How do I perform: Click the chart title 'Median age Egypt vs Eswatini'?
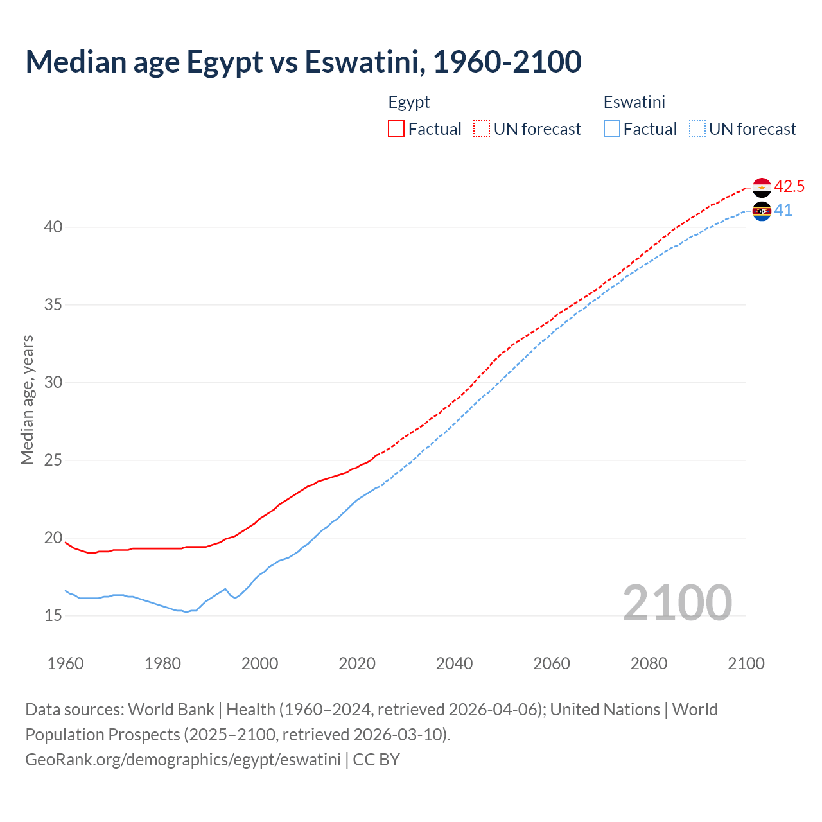pyautogui.click(x=303, y=62)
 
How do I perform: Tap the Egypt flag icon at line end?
pyautogui.click(x=762, y=187)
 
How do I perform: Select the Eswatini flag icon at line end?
pyautogui.click(x=762, y=211)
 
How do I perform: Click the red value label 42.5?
pyautogui.click(x=789, y=187)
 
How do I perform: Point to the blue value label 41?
pyautogui.click(x=783, y=211)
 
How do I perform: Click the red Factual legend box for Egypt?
pyautogui.click(x=396, y=128)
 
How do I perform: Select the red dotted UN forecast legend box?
pyautogui.click(x=482, y=128)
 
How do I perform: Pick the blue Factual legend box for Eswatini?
pyautogui.click(x=612, y=128)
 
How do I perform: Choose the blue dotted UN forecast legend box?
pyautogui.click(x=697, y=128)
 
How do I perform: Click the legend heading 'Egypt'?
pyautogui.click(x=409, y=102)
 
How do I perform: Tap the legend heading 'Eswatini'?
pyautogui.click(x=634, y=102)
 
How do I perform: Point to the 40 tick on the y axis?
pyautogui.click(x=53, y=227)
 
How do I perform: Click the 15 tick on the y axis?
pyautogui.click(x=53, y=616)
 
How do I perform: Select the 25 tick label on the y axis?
pyautogui.click(x=53, y=460)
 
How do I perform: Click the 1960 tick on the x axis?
pyautogui.click(x=66, y=663)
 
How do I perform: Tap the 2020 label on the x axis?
pyautogui.click(x=357, y=663)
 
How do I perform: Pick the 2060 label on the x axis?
pyautogui.click(x=552, y=663)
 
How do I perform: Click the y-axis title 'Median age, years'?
pyautogui.click(x=27, y=399)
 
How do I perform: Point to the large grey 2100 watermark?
pyautogui.click(x=678, y=603)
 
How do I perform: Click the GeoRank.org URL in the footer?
pyautogui.click(x=183, y=760)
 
